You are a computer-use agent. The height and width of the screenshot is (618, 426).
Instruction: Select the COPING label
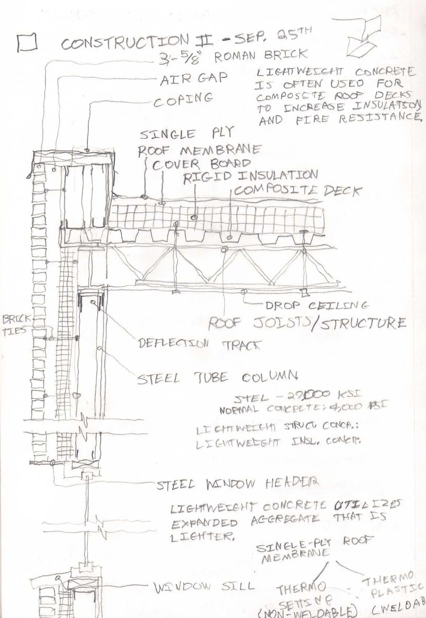183,99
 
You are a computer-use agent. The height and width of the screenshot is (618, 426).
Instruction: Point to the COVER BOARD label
201,164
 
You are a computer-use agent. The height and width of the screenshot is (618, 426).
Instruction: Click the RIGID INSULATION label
250,177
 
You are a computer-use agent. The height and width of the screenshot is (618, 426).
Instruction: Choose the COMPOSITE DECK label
298,191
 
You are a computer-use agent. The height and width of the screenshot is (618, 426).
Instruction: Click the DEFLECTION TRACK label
199,344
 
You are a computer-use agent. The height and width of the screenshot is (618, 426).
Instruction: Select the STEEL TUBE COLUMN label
217,378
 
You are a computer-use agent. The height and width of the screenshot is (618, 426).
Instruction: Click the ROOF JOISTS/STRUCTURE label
307,323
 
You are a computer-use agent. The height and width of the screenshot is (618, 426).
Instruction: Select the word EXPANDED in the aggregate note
204,523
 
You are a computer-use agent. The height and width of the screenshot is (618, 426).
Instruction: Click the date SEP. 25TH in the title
268,38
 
